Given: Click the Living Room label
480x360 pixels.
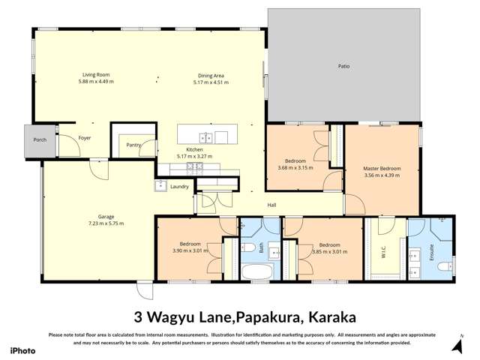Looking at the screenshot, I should pyautogui.click(x=97, y=75).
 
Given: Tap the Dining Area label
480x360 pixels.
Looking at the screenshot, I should pyautogui.click(x=211, y=75).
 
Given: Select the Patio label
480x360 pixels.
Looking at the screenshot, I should pyautogui.click(x=343, y=67).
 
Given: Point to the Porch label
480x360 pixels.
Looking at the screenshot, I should pyautogui.click(x=40, y=140).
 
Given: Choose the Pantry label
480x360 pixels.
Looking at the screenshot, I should pyautogui.click(x=134, y=145).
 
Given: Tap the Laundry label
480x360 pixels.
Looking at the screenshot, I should pyautogui.click(x=179, y=186).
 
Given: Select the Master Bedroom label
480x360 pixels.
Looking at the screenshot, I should pyautogui.click(x=382, y=169).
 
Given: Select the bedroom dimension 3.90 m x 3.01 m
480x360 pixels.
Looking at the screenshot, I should pyautogui.click(x=188, y=251).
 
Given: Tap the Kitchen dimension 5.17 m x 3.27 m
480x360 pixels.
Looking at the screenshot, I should pyautogui.click(x=194, y=157).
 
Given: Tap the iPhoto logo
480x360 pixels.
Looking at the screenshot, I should pyautogui.click(x=22, y=350).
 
